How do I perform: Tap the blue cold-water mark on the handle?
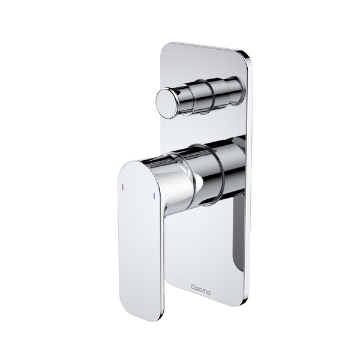point(155,196)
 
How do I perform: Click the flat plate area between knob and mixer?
point(198,123)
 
